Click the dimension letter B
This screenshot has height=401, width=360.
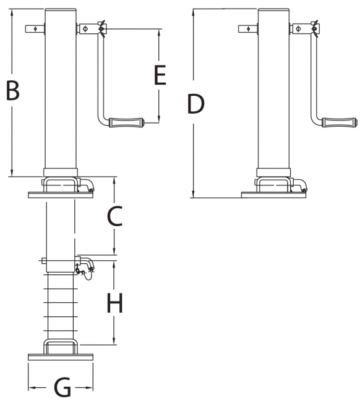click(x=13, y=90)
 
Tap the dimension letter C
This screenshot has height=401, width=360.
click(x=115, y=216)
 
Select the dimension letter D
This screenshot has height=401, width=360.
click(x=196, y=104)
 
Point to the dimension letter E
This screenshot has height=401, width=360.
click(x=160, y=75)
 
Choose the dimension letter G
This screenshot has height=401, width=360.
click(x=62, y=387)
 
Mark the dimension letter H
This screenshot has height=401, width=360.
click(x=114, y=303)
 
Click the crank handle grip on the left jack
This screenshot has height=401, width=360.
click(x=126, y=123)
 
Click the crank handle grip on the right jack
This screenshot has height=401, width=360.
click(x=339, y=122)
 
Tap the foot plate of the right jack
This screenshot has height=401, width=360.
click(x=273, y=195)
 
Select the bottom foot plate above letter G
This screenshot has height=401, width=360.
click(x=61, y=357)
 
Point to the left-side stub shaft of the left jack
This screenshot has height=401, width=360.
click(x=35, y=28)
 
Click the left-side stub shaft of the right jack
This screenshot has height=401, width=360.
click(x=248, y=28)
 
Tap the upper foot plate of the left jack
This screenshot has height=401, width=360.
click(x=61, y=195)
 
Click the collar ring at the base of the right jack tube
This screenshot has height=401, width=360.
click(x=273, y=172)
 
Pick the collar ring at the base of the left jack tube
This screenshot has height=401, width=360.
click(x=61, y=172)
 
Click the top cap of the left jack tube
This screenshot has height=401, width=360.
click(x=61, y=11)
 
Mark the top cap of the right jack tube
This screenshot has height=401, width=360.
click(x=273, y=11)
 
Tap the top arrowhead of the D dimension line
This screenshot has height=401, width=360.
click(x=194, y=12)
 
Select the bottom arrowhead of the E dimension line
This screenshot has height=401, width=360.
click(x=159, y=119)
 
